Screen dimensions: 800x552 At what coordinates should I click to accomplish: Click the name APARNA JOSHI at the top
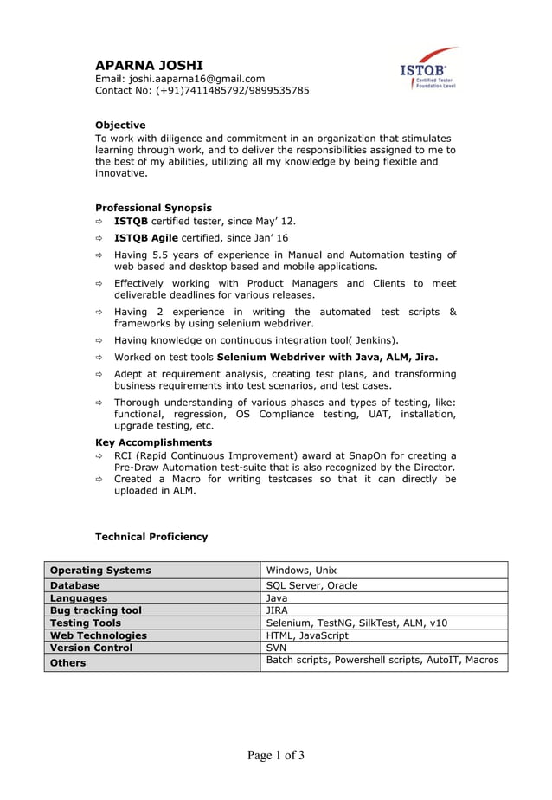[150, 65]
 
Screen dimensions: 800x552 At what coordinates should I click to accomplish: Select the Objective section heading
[120, 125]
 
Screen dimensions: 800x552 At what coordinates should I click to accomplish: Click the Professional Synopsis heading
[153, 208]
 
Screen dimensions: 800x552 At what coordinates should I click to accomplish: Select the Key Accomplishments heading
[153, 442]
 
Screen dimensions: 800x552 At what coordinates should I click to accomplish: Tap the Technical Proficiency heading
[151, 537]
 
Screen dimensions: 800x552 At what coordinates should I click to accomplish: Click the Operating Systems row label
[100, 571]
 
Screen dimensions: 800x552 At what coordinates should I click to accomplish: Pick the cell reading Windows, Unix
[301, 571]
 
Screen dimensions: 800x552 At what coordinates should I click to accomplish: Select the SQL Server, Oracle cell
[311, 586]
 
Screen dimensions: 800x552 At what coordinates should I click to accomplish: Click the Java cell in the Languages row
[277, 598]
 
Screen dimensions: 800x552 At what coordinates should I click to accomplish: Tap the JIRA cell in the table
[277, 610]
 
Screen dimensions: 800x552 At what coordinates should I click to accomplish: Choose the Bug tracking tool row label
[96, 610]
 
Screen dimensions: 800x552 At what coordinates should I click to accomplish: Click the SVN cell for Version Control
[276, 648]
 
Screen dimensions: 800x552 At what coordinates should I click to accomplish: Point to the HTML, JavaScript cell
[307, 635]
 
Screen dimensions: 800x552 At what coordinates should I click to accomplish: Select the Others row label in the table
[68, 663]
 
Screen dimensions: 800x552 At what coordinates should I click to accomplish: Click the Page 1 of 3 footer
[276, 756]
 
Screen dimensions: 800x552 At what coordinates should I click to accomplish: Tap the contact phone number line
[202, 90]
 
